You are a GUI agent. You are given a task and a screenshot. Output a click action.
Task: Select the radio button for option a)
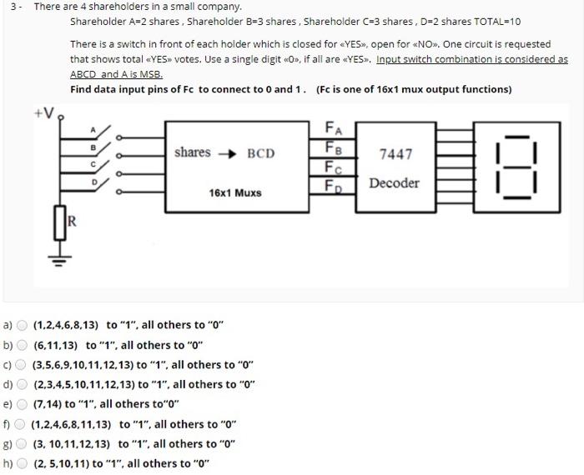point(22,325)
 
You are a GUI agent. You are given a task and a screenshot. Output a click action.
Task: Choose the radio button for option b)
point(22,345)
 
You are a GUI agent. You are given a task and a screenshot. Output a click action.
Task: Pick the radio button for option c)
point(22,364)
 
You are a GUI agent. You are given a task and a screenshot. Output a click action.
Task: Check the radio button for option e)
point(22,404)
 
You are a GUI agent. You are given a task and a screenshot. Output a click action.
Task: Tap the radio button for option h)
point(22,463)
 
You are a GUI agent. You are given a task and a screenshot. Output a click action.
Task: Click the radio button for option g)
point(22,443)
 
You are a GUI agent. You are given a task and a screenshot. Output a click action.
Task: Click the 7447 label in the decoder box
point(395,154)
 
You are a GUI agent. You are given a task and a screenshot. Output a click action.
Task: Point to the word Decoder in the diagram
point(395,182)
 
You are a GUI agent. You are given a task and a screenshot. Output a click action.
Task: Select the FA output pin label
point(332,127)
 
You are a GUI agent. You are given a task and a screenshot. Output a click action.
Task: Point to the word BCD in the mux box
point(260,154)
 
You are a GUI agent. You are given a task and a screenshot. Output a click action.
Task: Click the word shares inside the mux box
point(193,152)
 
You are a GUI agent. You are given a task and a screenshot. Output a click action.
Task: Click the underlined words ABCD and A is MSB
point(116,73)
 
